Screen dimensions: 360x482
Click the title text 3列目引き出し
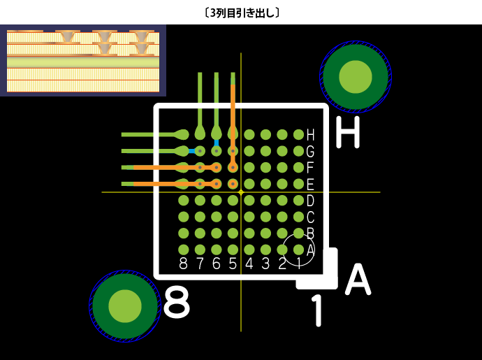click(x=241, y=13)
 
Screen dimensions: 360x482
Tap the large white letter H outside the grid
click(x=347, y=132)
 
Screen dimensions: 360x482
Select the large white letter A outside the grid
click(x=358, y=280)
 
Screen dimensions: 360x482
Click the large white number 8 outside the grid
click(x=177, y=303)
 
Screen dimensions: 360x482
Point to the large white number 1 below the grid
click(x=317, y=312)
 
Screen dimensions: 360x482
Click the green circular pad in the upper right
click(x=356, y=76)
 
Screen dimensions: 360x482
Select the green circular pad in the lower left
click(x=126, y=305)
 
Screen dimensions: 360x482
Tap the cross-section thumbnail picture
click(x=83, y=61)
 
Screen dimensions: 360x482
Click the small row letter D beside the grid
click(x=310, y=201)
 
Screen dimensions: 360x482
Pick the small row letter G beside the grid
click(x=310, y=151)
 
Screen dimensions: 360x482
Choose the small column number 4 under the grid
click(x=249, y=264)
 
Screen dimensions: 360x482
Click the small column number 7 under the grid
click(x=200, y=264)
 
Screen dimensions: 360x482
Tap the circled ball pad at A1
click(x=298, y=250)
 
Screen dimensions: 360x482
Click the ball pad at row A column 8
click(x=184, y=250)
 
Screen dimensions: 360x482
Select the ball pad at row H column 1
click(x=298, y=134)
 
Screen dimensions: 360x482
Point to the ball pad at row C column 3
click(x=265, y=217)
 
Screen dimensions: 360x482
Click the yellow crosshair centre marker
click(x=241, y=192)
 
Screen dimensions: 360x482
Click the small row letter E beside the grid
click(x=310, y=185)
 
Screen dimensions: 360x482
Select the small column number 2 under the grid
click(x=282, y=264)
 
